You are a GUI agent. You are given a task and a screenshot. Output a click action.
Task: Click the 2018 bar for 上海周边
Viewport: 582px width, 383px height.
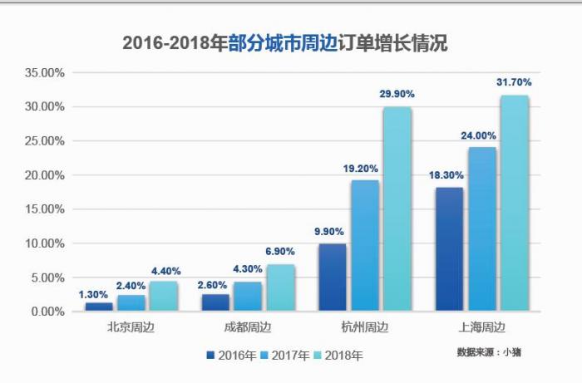click(x=514, y=204)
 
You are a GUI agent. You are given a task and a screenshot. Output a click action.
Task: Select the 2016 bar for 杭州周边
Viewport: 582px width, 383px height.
click(x=332, y=277)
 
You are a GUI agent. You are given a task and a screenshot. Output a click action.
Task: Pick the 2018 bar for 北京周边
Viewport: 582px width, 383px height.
click(x=163, y=296)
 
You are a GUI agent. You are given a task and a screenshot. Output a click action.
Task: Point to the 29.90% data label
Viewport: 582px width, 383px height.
click(x=397, y=95)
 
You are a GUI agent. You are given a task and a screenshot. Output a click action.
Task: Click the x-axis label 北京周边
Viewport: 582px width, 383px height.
click(x=131, y=327)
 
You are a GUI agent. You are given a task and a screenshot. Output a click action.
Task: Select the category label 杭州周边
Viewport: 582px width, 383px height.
click(x=364, y=327)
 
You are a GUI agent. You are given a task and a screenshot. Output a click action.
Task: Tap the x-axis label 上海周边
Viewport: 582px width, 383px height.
click(x=481, y=327)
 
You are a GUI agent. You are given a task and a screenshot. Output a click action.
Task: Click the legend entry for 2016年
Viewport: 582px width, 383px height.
click(x=231, y=356)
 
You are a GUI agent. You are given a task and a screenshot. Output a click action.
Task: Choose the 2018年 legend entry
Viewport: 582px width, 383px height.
click(x=338, y=356)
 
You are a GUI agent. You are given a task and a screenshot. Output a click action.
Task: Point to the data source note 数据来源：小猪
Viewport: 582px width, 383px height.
click(x=489, y=352)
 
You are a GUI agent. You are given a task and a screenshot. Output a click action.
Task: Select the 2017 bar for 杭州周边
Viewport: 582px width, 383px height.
click(x=364, y=246)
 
